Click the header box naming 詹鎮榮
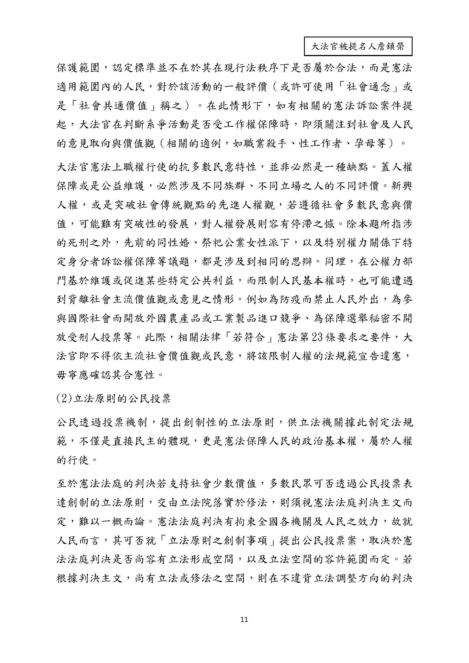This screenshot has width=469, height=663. point(358,46)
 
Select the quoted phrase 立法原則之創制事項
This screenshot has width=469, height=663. point(217,541)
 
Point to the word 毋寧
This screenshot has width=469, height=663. point(66,375)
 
